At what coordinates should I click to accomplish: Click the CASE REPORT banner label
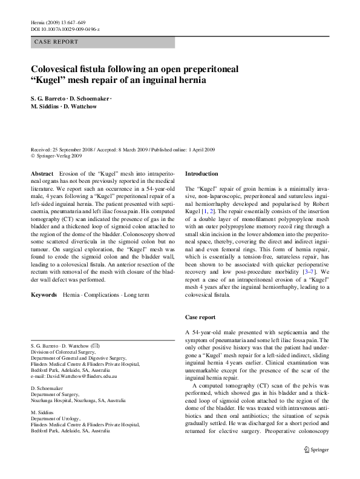pyautogui.click(x=50, y=42)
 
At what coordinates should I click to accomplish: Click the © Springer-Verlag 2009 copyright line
pyautogui.click(x=58, y=155)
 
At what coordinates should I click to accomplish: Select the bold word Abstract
pyautogui.click(x=42, y=173)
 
